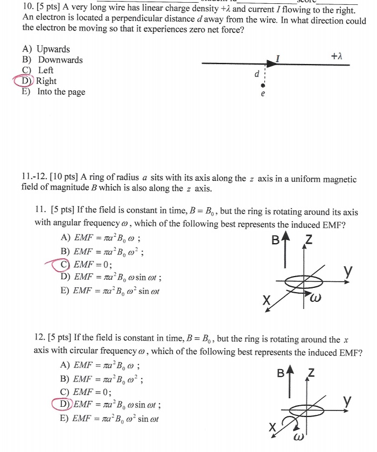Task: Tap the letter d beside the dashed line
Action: tap(257, 74)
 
